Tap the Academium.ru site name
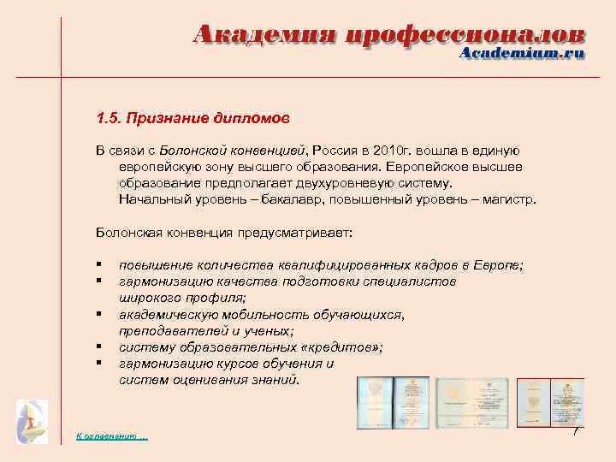pos(522,53)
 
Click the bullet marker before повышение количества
pos(99,265)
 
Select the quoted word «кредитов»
pos(339,346)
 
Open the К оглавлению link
pos(112,436)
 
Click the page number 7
pos(576,430)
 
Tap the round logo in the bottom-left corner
pos(33,422)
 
